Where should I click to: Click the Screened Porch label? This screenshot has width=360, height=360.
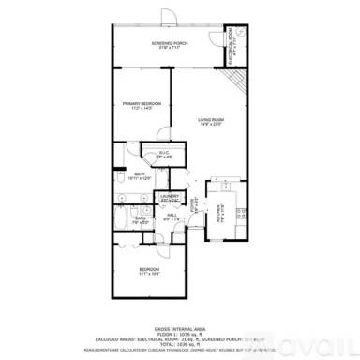pos(171,45)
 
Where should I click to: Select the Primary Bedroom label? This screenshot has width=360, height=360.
pos(142,104)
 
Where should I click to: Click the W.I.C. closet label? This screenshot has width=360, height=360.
pos(163,153)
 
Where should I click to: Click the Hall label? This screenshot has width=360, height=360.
pos(172,217)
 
